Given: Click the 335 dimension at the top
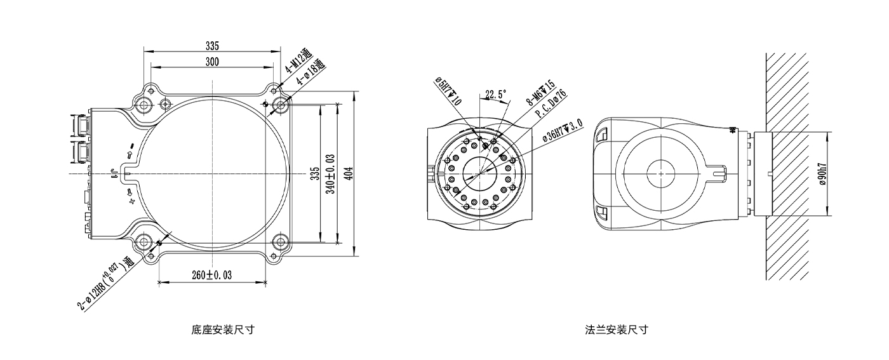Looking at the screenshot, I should [x=212, y=46].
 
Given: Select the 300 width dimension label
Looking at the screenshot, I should [x=212, y=62].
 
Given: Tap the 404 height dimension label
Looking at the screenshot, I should [x=349, y=173].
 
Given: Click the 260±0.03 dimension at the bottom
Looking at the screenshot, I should [x=211, y=276].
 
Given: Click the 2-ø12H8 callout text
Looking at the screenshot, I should [x=105, y=285].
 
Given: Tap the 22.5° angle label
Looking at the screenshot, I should [x=496, y=94].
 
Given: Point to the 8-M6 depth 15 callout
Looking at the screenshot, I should [x=542, y=94].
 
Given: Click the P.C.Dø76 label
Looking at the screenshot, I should [x=551, y=105].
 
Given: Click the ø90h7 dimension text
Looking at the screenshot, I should [x=822, y=173].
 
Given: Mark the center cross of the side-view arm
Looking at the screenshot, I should [x=660, y=173].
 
